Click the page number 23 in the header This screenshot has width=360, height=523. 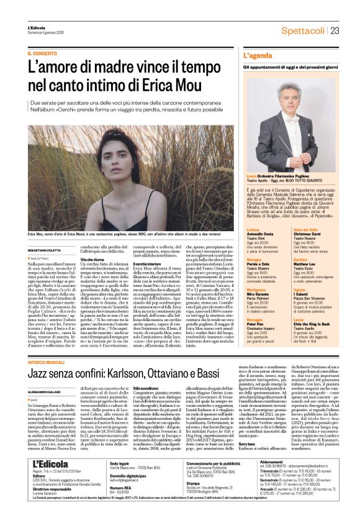click(335, 30)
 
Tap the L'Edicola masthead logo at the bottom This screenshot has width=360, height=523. click(51, 482)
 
